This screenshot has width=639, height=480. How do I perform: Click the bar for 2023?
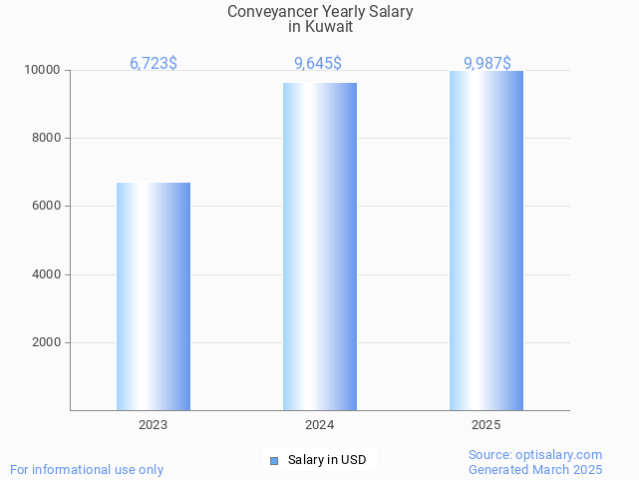click(153, 296)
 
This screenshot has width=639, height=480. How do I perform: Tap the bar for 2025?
click(485, 240)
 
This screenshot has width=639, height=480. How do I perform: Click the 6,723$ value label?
click(154, 63)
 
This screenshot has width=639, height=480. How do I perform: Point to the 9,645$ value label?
click(318, 63)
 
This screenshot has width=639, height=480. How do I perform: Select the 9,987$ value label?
click(486, 63)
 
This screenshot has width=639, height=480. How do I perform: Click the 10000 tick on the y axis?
click(42, 71)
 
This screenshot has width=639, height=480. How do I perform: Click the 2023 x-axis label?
click(153, 425)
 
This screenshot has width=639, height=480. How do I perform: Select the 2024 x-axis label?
click(319, 425)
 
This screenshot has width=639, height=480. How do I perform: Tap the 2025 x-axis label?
click(485, 425)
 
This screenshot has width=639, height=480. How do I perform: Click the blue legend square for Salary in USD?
click(274, 460)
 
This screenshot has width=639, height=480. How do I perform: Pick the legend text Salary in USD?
click(327, 460)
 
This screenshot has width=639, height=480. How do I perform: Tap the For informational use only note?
click(87, 469)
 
